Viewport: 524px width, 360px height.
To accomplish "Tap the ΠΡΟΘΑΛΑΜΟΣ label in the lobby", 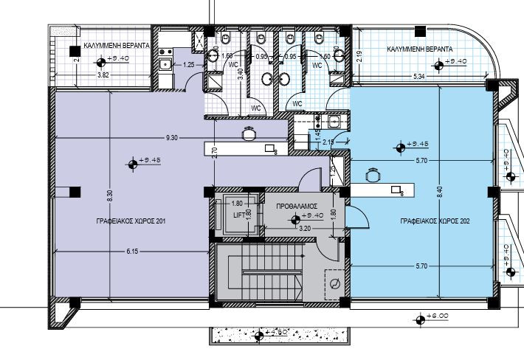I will (296, 207).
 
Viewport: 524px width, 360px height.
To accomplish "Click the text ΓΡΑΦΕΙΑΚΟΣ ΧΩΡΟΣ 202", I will (434, 221).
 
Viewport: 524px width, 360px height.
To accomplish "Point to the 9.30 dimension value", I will (171, 138).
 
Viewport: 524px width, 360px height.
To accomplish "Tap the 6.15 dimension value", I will (131, 252).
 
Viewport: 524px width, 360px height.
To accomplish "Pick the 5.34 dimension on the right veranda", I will (418, 75).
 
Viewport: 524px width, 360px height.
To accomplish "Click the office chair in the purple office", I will (249, 134).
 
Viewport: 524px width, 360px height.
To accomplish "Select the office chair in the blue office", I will (373, 176).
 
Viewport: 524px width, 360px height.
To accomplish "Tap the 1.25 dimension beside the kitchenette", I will (189, 65).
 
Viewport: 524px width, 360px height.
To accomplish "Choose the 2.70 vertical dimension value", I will (214, 153).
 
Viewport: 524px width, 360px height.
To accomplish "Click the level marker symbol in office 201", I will (134, 161).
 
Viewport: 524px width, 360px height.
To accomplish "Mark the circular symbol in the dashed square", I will (336, 284).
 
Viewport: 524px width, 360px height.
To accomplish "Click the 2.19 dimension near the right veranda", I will (359, 53).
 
